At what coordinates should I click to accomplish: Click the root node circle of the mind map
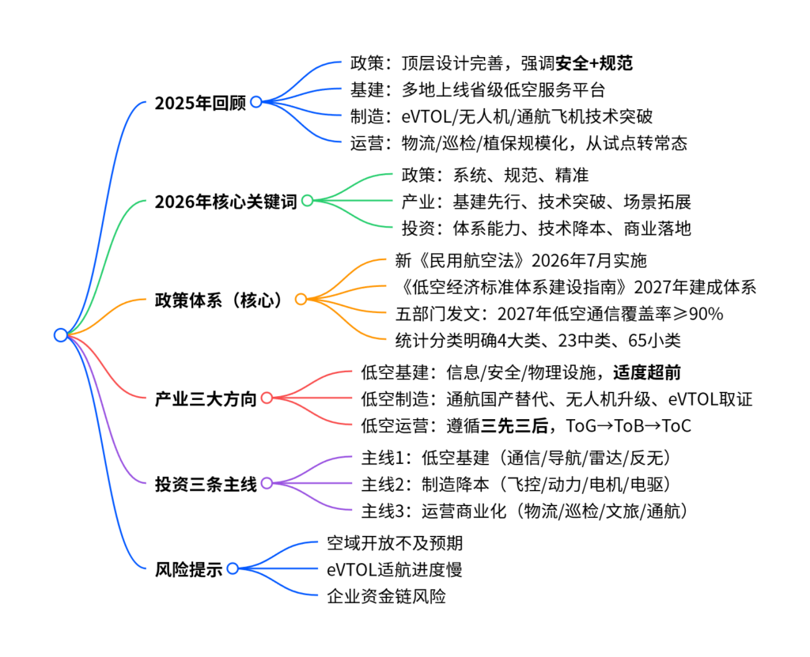[60, 335]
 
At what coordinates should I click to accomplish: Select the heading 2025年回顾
[200, 103]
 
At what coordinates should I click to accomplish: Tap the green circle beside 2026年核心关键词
[307, 201]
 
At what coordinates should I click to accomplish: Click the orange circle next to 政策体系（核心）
[301, 300]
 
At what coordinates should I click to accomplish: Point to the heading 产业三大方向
[206, 398]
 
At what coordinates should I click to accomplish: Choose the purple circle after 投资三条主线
[267, 483]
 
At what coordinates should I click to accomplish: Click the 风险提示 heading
[189, 568]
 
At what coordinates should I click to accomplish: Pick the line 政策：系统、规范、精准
[494, 175]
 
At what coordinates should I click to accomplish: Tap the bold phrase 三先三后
[518, 426]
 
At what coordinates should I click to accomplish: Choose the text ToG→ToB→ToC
[629, 426]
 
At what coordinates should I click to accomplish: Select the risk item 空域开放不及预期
[395, 543]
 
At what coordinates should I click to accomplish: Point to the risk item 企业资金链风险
[386, 597]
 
